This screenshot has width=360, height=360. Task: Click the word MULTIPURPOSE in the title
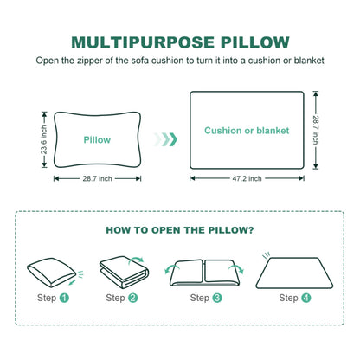tap(143, 42)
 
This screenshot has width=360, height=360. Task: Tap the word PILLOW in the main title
tap(255, 42)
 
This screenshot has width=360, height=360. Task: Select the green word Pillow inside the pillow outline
tap(97, 140)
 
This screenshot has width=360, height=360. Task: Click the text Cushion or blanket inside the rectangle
tap(247, 131)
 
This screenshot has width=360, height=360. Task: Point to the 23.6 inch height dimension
tap(43, 139)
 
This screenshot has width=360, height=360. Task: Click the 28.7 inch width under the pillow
tap(97, 178)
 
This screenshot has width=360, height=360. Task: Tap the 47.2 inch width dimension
tap(247, 178)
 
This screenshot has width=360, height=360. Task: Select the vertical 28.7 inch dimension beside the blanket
tap(316, 130)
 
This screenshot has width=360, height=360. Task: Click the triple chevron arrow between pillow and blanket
tap(165, 139)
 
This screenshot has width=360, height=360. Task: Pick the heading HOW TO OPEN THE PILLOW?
tap(180, 230)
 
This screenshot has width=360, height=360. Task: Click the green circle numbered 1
tap(64, 298)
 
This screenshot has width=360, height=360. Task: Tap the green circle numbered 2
tap(133, 298)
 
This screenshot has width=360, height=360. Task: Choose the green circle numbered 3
tap(217, 298)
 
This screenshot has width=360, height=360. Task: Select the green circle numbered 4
tap(306, 298)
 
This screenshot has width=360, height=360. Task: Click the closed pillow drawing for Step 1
tap(51, 273)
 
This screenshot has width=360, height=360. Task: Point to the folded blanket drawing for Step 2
tap(124, 273)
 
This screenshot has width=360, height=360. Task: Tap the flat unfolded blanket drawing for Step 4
tap(294, 273)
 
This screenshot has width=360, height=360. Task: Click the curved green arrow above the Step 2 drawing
tap(136, 259)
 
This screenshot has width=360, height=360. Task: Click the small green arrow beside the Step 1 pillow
tap(72, 282)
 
